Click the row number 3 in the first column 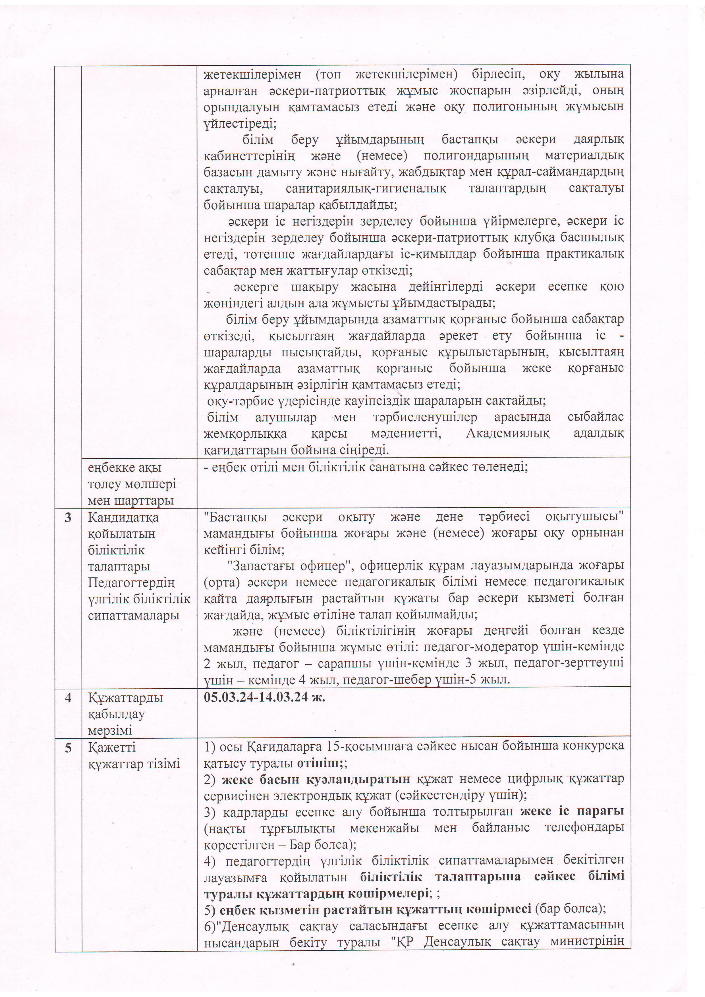point(68,518)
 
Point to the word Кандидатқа point(123,518)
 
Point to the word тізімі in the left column point(165,764)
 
